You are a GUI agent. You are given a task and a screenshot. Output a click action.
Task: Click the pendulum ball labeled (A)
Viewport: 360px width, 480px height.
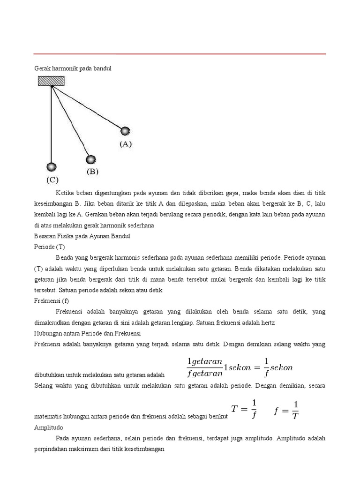[x=125, y=131]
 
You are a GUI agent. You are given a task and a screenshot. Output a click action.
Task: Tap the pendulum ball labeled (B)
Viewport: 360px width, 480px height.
[x=91, y=159]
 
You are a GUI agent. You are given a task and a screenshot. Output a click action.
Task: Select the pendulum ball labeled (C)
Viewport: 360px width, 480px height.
[x=51, y=167]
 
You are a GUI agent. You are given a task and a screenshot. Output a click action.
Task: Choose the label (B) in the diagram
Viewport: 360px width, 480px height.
[x=92, y=172]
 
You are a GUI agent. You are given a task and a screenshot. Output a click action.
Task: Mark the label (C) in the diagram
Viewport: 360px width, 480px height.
[x=52, y=180]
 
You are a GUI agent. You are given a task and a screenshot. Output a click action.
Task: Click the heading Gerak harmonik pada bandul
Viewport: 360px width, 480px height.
[x=73, y=68]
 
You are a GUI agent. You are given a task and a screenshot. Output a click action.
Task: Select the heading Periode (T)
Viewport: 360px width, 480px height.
[x=48, y=247]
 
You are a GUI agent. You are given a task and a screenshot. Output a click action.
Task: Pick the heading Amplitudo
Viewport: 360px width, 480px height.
[x=49, y=428]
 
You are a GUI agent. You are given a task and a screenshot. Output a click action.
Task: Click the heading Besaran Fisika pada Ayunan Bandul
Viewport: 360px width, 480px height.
[x=82, y=236]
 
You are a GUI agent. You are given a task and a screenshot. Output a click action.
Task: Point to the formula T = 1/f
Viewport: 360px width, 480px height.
[x=244, y=408]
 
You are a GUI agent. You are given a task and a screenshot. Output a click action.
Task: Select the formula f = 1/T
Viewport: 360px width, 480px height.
[x=286, y=409]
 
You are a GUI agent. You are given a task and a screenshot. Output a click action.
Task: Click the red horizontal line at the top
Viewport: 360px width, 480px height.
[x=180, y=54]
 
